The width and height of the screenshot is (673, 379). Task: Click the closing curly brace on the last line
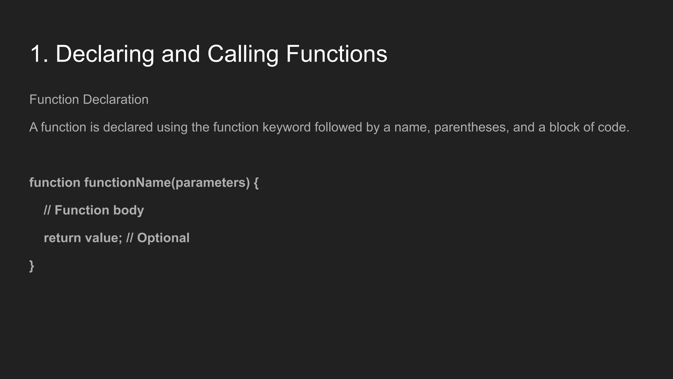(32, 266)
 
